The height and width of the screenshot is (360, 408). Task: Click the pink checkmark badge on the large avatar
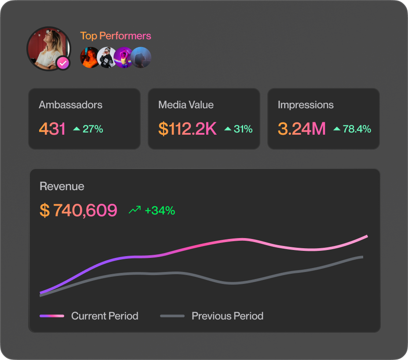click(63, 63)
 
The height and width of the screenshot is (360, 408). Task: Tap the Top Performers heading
click(116, 36)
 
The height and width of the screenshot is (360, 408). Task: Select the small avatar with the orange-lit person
click(89, 58)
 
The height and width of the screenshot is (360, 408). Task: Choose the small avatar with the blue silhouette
click(142, 58)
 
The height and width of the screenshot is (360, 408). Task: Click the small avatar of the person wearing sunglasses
click(106, 58)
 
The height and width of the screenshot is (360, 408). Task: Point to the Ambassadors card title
click(70, 105)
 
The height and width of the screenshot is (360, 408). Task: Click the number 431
click(52, 129)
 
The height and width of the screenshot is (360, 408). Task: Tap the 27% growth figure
click(92, 129)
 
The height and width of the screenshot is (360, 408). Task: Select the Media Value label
click(186, 105)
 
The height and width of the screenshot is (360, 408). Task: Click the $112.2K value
click(187, 129)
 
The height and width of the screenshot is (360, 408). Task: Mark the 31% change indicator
click(243, 129)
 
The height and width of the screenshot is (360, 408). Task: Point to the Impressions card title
click(306, 105)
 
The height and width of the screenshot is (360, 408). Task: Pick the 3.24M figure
click(302, 129)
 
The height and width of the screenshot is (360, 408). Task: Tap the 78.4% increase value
click(357, 129)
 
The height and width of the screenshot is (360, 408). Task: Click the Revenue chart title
click(62, 186)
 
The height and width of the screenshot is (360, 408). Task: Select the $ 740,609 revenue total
click(79, 210)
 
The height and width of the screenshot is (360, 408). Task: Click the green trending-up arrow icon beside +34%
click(135, 210)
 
